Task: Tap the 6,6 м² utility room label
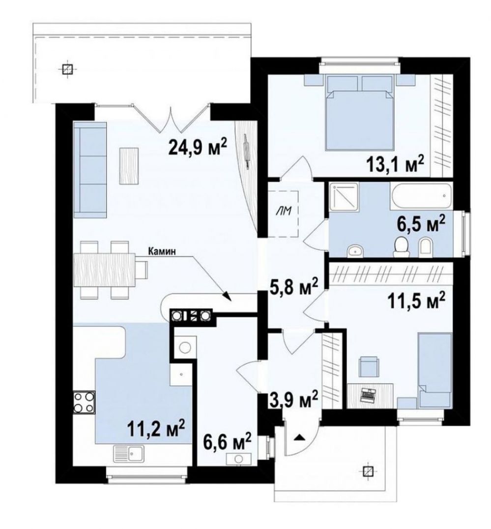click(x=228, y=441)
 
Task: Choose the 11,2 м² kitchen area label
click(x=156, y=428)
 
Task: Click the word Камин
click(x=161, y=251)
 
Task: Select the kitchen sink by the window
click(x=129, y=454)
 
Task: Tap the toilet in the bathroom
click(x=401, y=246)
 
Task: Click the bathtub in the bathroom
click(x=421, y=196)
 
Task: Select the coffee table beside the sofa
click(x=129, y=166)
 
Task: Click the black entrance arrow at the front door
click(x=298, y=437)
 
